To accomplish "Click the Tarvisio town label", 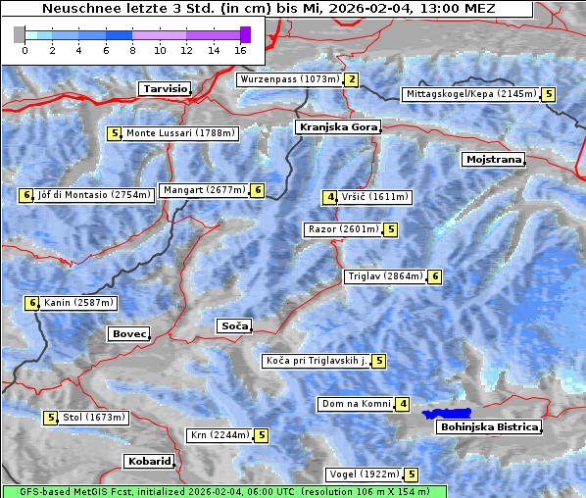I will click(x=164, y=88).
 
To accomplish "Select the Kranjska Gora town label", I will click(x=336, y=127).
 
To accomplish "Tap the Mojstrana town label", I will click(x=493, y=159).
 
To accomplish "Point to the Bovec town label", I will click(x=128, y=334).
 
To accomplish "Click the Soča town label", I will click(x=234, y=325).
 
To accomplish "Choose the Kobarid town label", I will click(x=149, y=461).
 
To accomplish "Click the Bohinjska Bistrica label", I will click(x=488, y=427).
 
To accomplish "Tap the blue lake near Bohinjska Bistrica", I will click(x=447, y=414).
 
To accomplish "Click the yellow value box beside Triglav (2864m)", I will click(x=434, y=276).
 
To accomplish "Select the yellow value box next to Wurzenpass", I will click(x=351, y=79).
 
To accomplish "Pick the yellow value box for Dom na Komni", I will click(x=403, y=404).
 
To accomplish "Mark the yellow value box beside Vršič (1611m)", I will click(x=330, y=197).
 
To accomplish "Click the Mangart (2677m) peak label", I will click(x=204, y=190).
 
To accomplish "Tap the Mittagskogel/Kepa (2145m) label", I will click(x=470, y=94).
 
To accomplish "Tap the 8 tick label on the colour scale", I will click(x=132, y=50).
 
